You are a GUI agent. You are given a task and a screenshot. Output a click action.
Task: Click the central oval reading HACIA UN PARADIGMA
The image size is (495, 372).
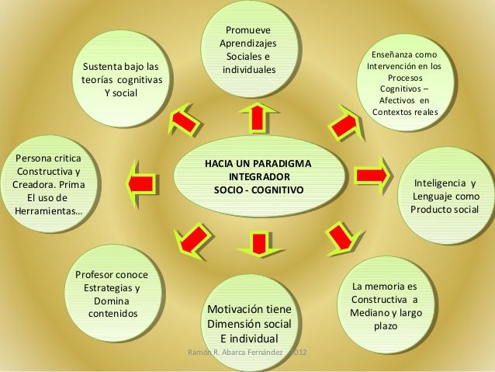coord(258,177)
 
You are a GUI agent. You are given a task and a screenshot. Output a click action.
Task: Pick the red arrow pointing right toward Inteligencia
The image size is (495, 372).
coord(371,172)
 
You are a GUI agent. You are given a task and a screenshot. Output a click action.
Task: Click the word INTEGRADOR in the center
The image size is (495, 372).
coord(258,177)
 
